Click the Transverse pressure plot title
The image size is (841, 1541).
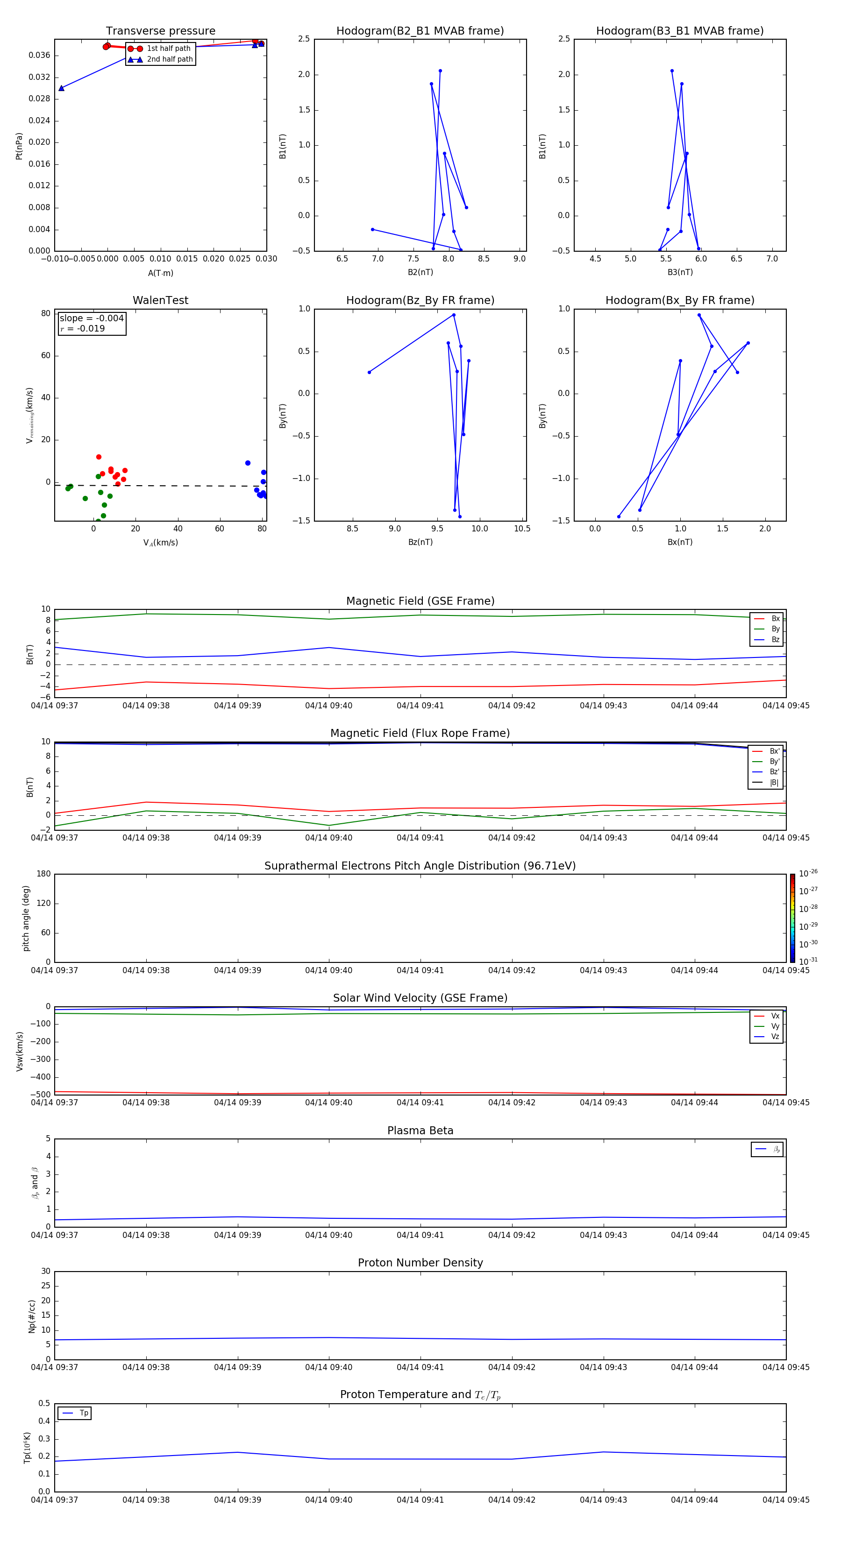pyautogui.click(x=160, y=31)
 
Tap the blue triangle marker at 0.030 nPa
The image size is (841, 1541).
pyautogui.click(x=62, y=88)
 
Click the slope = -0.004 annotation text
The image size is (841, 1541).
pyautogui.click(x=92, y=318)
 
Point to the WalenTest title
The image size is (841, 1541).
pyautogui.click(x=160, y=300)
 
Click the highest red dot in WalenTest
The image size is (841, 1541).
pyautogui.click(x=99, y=457)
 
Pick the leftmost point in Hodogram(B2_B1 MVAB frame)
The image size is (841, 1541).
pyautogui.click(x=372, y=229)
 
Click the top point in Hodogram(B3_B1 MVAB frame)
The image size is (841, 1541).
pyautogui.click(x=671, y=71)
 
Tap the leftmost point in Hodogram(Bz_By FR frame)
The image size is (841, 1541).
pyautogui.click(x=369, y=372)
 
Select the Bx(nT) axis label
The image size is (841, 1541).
pyautogui.click(x=680, y=542)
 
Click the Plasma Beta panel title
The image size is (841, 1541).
pyautogui.click(x=420, y=1131)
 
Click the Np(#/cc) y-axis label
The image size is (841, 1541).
pyautogui.click(x=32, y=1315)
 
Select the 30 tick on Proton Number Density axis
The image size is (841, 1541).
pyautogui.click(x=45, y=1271)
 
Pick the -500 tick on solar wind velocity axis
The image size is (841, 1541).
pyautogui.click(x=41, y=1095)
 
